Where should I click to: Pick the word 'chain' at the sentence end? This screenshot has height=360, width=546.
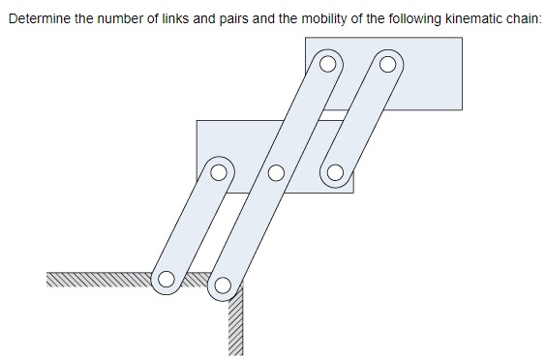(520, 18)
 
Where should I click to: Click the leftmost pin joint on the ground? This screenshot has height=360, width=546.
(167, 280)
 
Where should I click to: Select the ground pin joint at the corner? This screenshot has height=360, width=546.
(224, 285)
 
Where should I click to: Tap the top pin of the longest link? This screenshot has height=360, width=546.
(329, 66)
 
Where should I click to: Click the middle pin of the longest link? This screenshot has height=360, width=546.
(276, 174)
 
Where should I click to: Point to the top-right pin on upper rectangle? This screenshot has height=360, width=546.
(387, 66)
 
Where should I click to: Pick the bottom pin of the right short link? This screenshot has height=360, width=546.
(335, 174)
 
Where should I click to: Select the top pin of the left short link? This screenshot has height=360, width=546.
(220, 174)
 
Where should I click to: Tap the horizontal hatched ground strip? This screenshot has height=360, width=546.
(97, 280)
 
